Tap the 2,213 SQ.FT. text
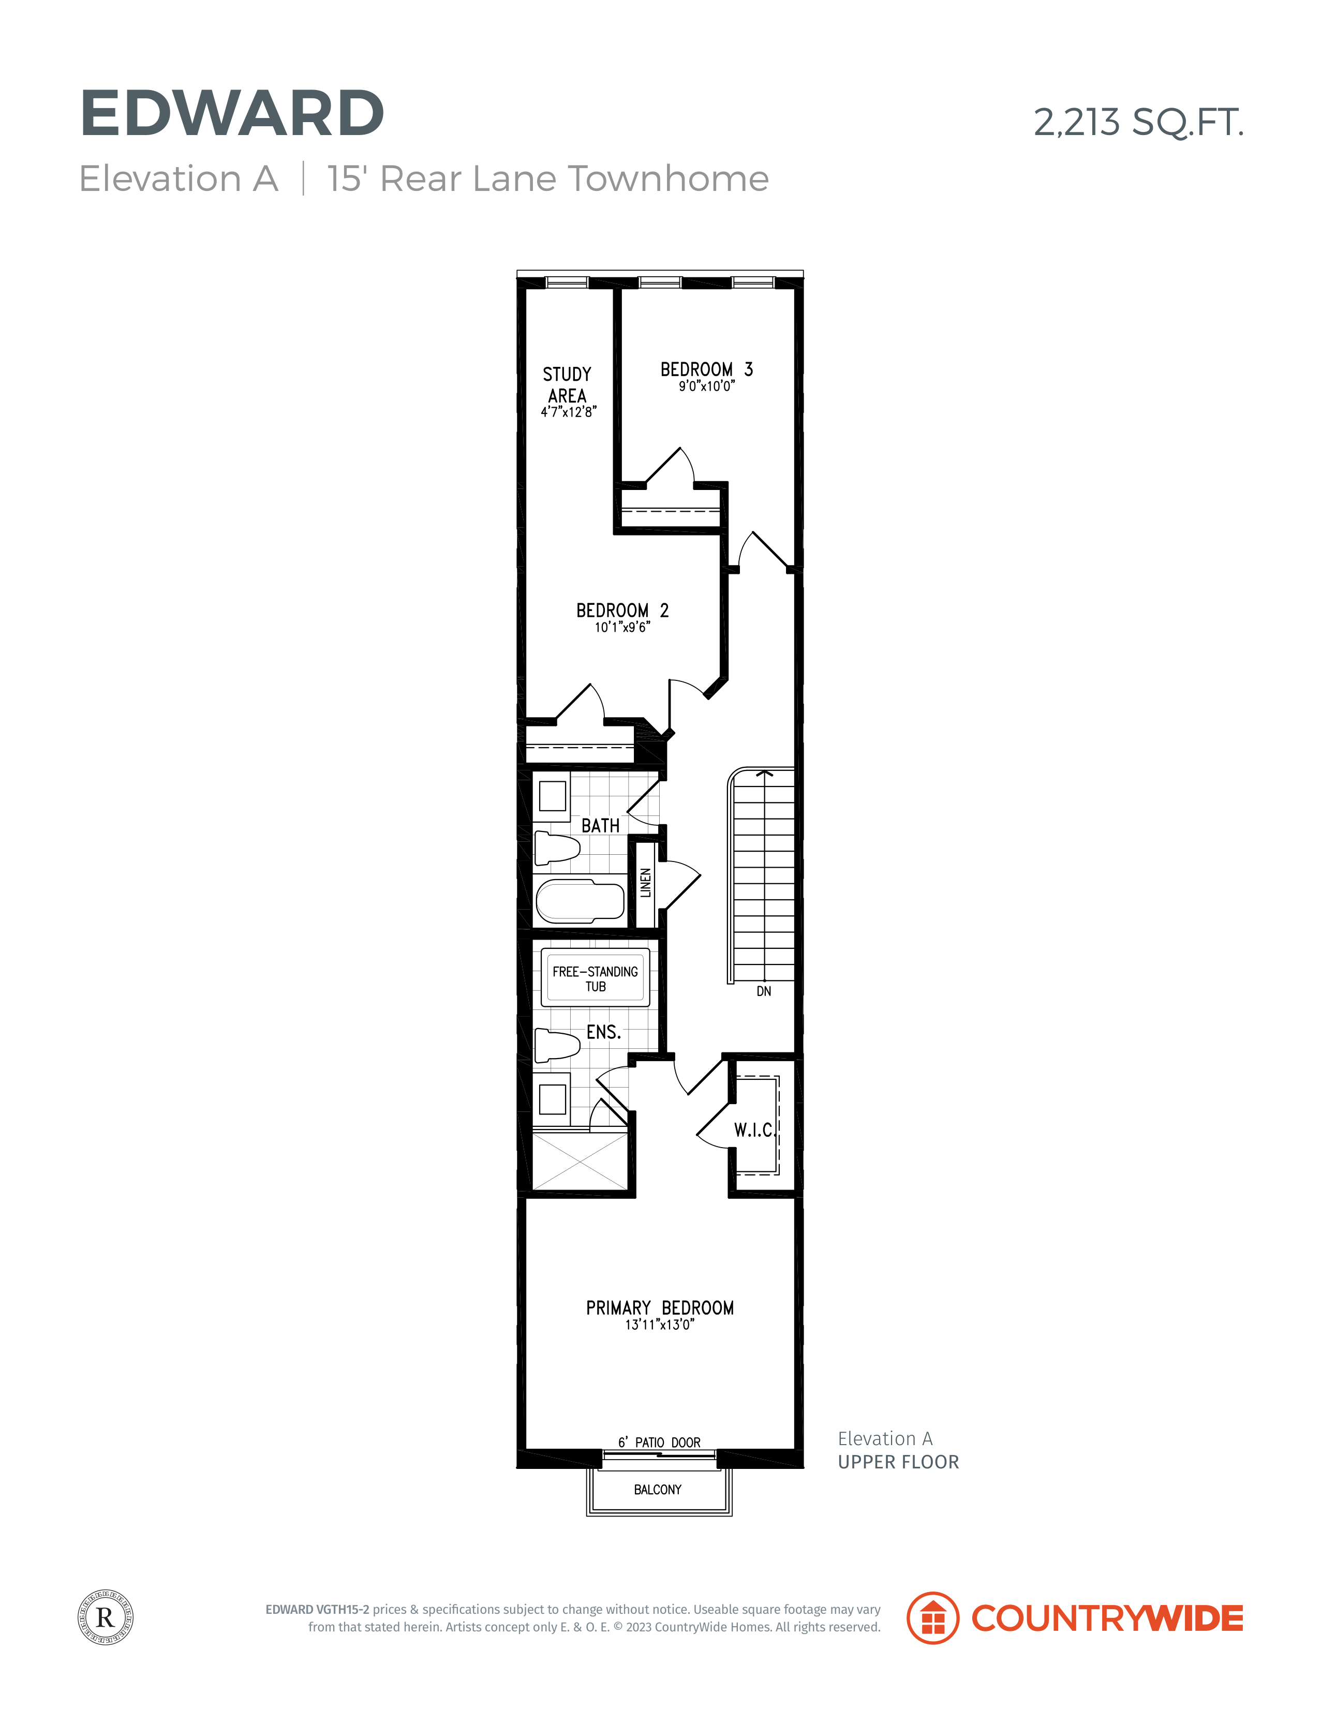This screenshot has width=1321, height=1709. pyautogui.click(x=1139, y=122)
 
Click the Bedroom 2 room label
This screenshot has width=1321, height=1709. pyautogui.click(x=622, y=611)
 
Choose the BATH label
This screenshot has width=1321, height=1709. pyautogui.click(x=600, y=826)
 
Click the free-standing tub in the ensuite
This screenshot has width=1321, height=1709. pyautogui.click(x=596, y=977)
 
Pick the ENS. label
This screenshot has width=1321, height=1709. pyautogui.click(x=603, y=1032)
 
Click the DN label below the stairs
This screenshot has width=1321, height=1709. pyautogui.click(x=764, y=991)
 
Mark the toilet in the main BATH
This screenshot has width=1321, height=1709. pyautogui.click(x=557, y=848)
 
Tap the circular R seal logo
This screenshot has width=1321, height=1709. pyautogui.click(x=106, y=1617)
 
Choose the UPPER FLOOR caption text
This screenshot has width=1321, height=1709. pyautogui.click(x=898, y=1462)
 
